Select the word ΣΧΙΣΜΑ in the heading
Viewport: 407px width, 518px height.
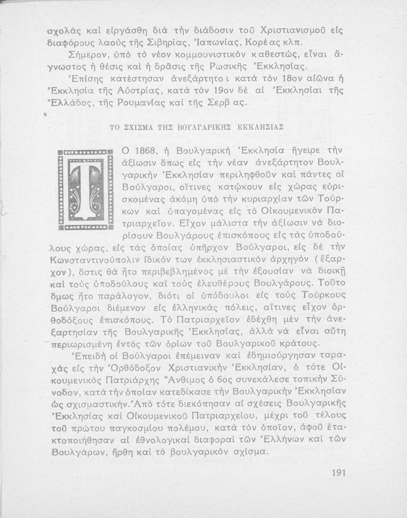coord(135,127)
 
